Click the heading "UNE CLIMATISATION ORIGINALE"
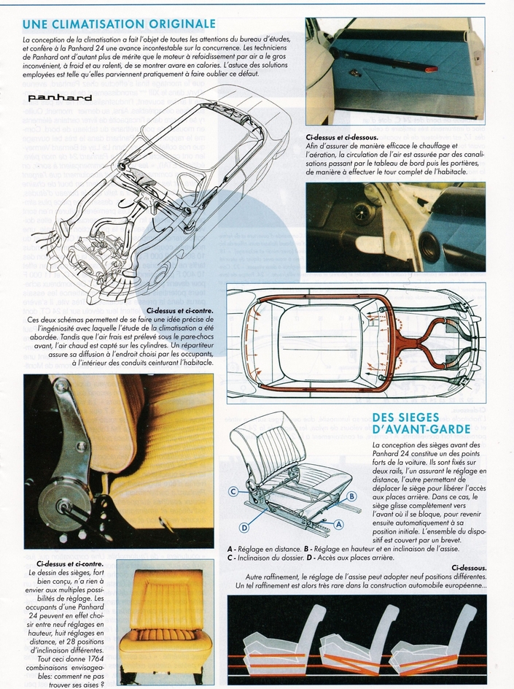[119, 23]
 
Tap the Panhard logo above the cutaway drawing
[60, 97]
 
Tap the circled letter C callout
[233, 491]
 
